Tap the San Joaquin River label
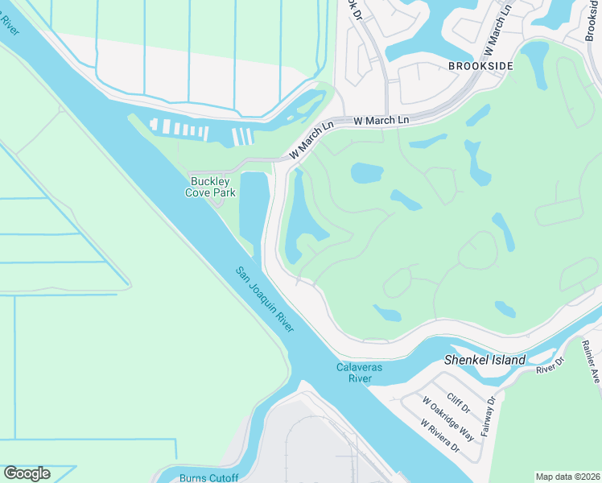point(265,299)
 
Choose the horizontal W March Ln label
point(381,120)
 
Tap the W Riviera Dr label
point(439,436)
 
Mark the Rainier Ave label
point(592,360)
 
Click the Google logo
point(27,473)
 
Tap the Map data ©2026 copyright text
point(567,477)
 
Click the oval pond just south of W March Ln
point(366,172)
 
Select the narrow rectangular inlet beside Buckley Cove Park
point(254,210)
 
